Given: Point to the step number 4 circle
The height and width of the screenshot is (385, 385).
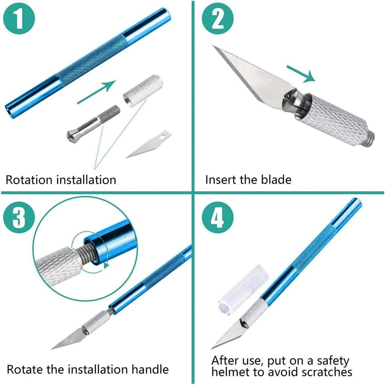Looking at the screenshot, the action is pyautogui.click(x=218, y=217).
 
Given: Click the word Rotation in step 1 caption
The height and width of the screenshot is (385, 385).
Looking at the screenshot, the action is pyautogui.click(x=29, y=180).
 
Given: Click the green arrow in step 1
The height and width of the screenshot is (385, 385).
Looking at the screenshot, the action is pyautogui.click(x=97, y=92).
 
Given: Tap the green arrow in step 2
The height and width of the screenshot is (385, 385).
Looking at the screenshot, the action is pyautogui.click(x=301, y=74).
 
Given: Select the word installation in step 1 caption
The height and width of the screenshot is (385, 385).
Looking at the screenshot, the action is pyautogui.click(x=86, y=180).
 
